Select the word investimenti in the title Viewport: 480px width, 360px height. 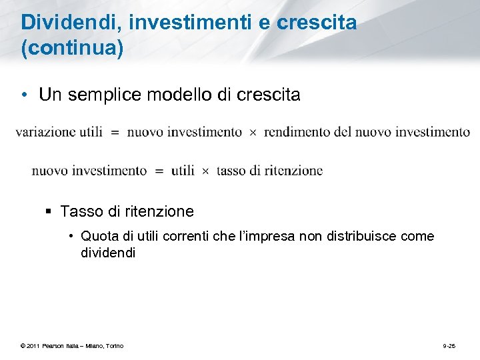point(188,23)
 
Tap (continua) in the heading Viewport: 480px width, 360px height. point(73,49)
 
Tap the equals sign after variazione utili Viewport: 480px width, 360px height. point(115,133)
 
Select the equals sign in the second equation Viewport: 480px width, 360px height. point(159,171)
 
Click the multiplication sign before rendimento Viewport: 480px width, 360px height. point(253,133)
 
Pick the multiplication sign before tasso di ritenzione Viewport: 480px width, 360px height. point(205,171)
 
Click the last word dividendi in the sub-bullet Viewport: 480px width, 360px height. point(108,253)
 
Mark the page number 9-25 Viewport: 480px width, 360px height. point(449,345)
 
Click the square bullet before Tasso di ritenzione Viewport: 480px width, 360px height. point(50,212)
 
